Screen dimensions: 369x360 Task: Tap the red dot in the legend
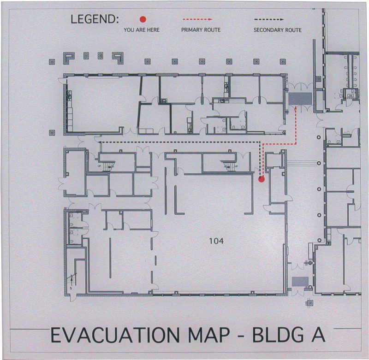point(143,19)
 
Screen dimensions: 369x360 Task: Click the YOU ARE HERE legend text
point(142,30)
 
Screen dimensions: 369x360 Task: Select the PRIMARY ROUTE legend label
point(201,30)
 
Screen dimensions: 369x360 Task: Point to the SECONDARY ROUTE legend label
point(278,30)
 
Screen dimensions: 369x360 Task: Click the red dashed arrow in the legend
point(197,19)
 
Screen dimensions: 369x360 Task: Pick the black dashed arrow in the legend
point(269,19)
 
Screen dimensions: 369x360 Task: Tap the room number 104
point(216,241)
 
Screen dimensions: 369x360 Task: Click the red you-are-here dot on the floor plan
point(262,179)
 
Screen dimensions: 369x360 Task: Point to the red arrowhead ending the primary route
point(296,108)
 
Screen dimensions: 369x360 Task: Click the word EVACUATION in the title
point(115,335)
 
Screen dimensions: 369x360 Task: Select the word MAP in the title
point(209,335)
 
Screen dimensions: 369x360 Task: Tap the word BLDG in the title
point(278,335)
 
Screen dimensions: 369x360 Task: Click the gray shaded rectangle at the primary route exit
point(300,99)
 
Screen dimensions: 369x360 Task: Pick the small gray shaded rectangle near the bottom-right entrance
point(300,282)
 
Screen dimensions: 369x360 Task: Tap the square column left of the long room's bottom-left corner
point(52,133)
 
